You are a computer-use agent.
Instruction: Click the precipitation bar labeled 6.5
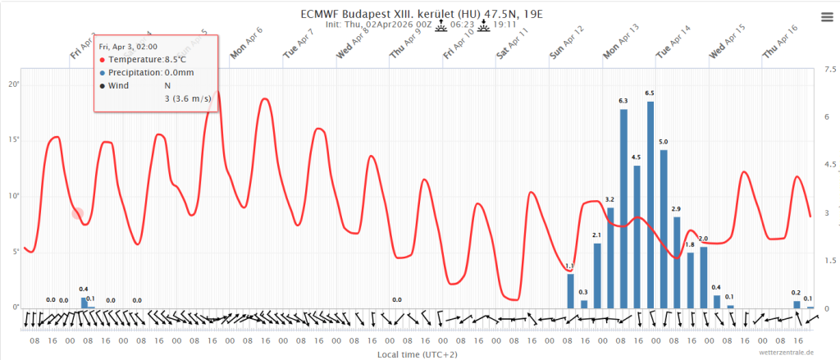coord(651,205)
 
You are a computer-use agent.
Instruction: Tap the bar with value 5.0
coord(664,229)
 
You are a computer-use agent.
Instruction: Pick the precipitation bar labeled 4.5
coord(637,237)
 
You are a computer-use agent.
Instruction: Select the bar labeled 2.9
coord(677,262)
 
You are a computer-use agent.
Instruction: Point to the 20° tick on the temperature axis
coord(14,84)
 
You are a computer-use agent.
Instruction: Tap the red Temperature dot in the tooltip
coord(103,60)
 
